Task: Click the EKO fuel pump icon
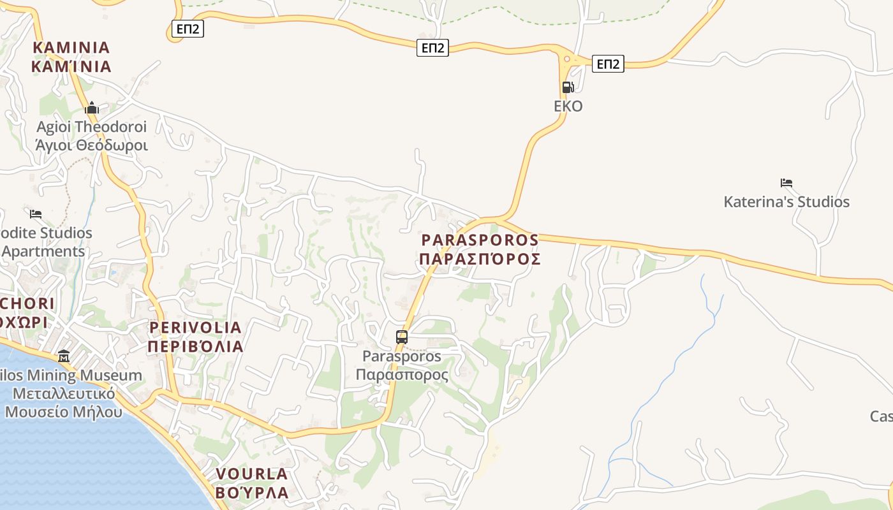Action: point(568,87)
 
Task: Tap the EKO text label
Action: point(568,106)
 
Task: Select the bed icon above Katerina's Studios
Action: point(786,183)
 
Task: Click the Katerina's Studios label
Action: point(786,202)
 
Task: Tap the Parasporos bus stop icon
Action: point(401,337)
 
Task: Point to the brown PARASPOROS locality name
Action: point(480,240)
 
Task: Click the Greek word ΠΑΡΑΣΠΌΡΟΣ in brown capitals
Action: point(480,259)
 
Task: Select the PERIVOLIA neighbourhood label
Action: point(195,328)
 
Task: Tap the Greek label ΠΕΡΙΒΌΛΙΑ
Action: point(195,347)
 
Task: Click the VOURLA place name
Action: point(252,474)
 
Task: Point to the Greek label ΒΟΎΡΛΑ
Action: point(252,493)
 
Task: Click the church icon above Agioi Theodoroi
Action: point(92,108)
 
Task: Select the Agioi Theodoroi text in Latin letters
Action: point(92,127)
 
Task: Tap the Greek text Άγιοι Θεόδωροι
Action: point(92,145)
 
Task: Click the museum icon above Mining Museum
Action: point(64,356)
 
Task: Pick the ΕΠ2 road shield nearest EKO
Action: point(607,64)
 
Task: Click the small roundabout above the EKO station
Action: point(566,60)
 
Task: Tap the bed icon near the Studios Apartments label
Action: point(36,214)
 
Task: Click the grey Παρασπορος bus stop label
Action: point(401,375)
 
